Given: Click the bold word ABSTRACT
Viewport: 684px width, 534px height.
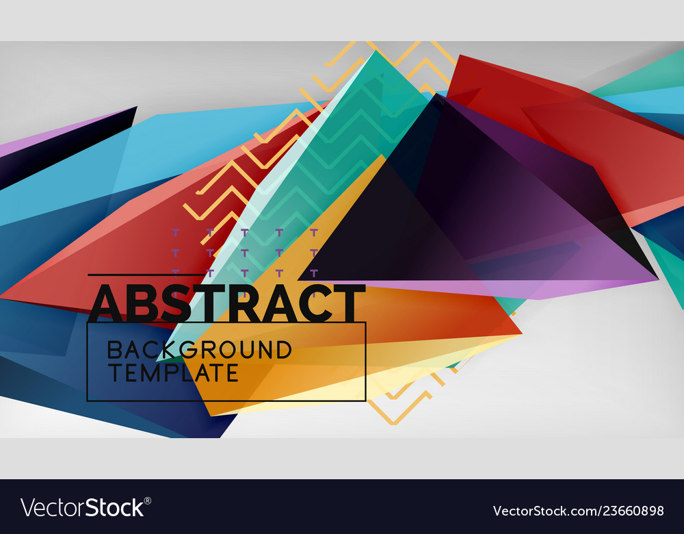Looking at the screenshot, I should pos(226,303).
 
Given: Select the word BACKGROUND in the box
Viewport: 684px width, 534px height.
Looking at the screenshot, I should pos(199,350).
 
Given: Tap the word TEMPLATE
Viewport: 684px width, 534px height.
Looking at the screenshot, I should pos(172,373).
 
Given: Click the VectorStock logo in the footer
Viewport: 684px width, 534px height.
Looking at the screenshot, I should pos(83,507).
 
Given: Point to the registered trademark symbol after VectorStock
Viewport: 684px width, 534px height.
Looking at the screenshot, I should pos(148,500).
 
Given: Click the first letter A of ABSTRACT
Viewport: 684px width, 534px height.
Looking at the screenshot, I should pos(107,303).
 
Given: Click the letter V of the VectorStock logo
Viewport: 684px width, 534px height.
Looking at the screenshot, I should pos(27,508).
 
